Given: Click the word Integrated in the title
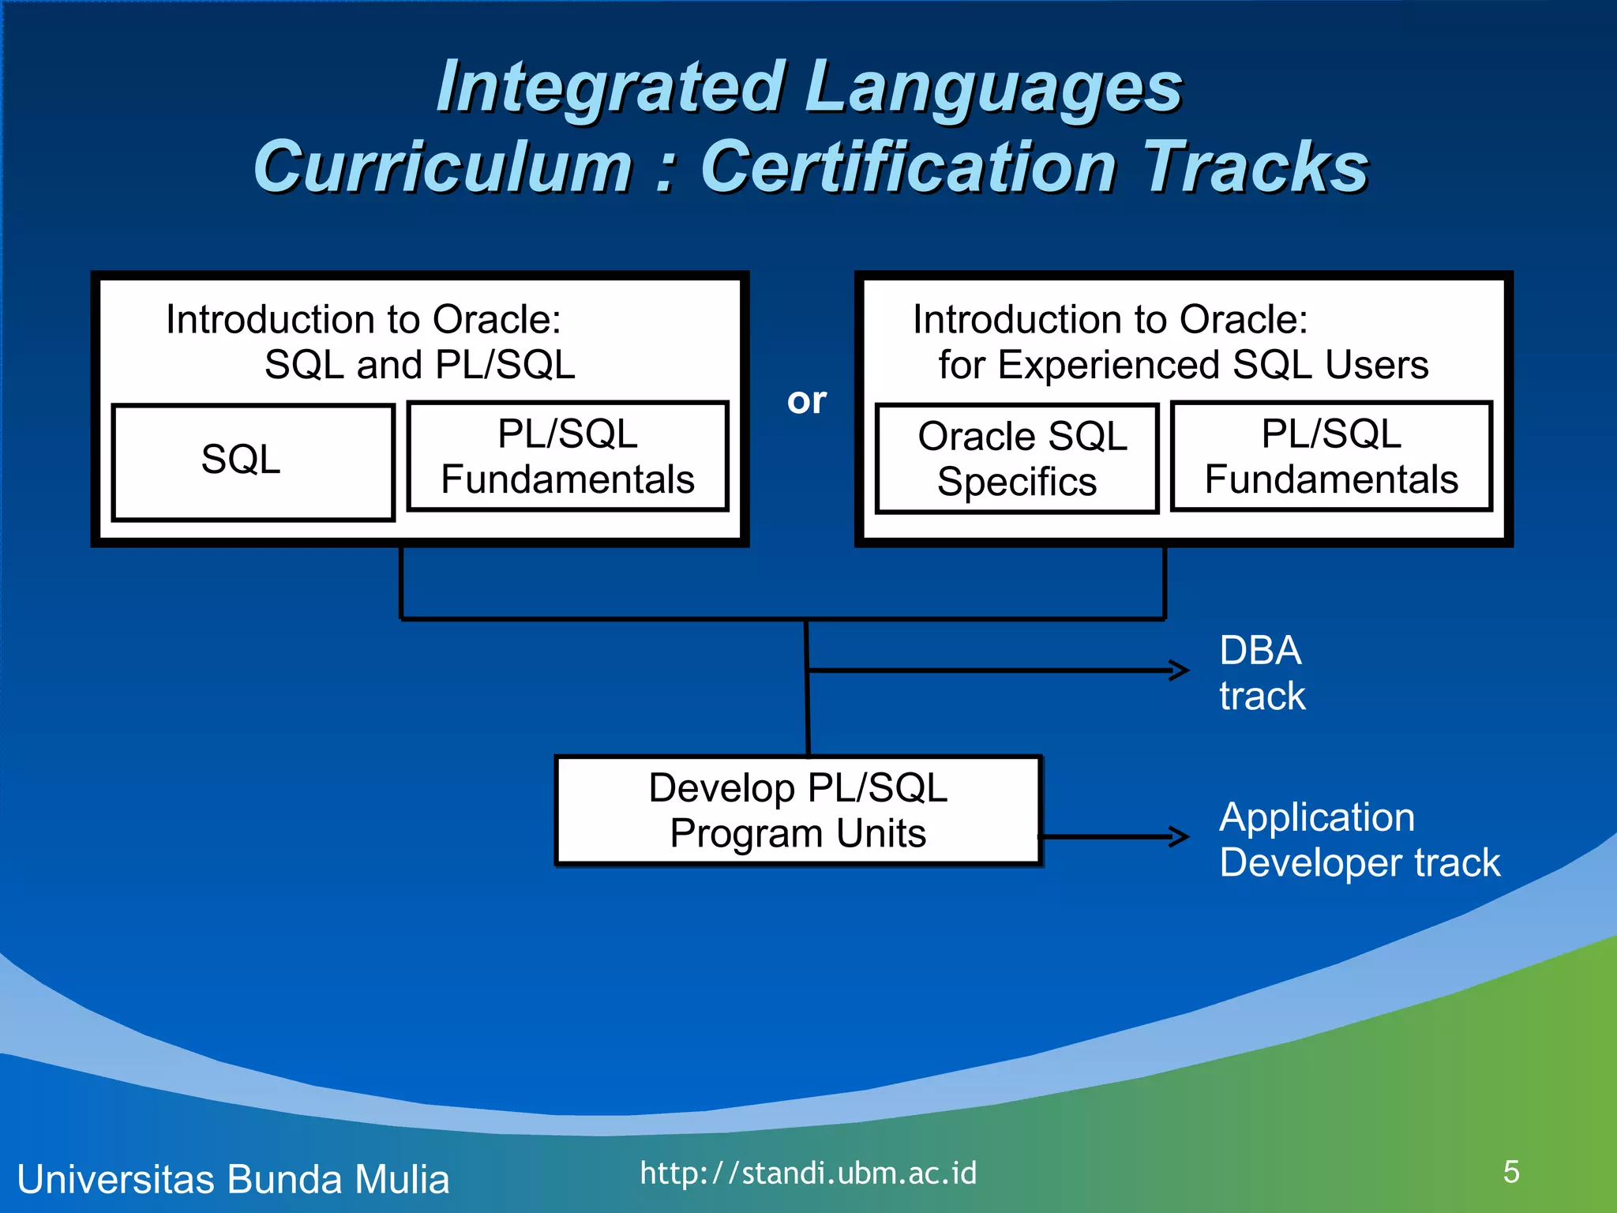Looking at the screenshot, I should tap(610, 87).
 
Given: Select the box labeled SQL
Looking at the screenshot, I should tap(253, 462).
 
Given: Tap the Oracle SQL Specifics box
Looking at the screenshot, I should tap(1017, 459).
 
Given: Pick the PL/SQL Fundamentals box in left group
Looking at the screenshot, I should tap(567, 456).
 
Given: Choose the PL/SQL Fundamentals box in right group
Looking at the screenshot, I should tap(1331, 456).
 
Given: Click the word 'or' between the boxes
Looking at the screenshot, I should tap(806, 401).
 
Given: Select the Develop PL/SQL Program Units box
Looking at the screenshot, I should tap(798, 811).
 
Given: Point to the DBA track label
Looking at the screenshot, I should tap(1262, 673).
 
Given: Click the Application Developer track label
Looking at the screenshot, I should tap(1358, 839).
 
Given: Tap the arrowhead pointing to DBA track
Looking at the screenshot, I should tap(1181, 670).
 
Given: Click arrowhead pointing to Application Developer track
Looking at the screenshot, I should tap(1181, 836).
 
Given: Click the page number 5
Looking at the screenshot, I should tap(1511, 1172).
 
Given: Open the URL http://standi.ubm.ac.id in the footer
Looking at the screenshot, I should tap(808, 1174).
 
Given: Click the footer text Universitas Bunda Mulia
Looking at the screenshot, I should tap(233, 1179).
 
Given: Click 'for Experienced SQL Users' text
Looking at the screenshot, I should tap(1183, 365).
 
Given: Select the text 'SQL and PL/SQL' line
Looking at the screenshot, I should tap(419, 365).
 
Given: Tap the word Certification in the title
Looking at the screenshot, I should tap(908, 167).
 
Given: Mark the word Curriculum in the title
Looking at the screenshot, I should tap(443, 167).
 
